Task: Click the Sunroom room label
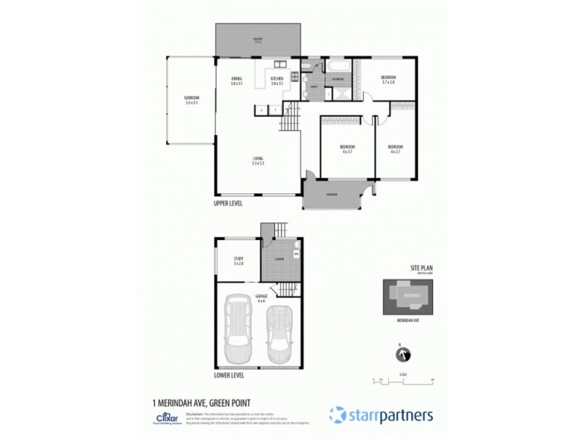click(192, 100)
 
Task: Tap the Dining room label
click(236, 81)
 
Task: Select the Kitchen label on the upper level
click(276, 81)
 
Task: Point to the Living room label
click(258, 161)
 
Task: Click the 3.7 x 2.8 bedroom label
click(388, 80)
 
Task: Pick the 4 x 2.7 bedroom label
click(395, 149)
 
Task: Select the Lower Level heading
click(229, 375)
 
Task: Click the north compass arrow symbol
click(401, 355)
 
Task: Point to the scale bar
click(403, 380)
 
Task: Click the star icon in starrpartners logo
click(337, 415)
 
